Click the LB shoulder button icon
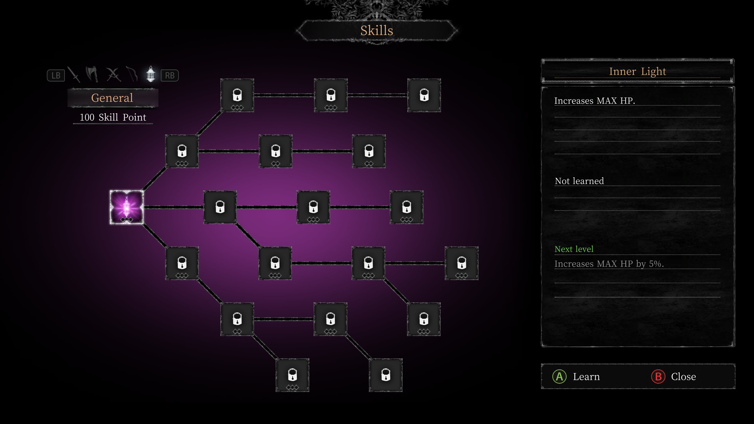point(56,75)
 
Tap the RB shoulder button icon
point(170,75)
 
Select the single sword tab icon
point(74,74)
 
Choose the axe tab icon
point(92,74)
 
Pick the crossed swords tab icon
point(113,74)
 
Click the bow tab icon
point(132,74)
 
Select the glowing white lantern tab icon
point(151,74)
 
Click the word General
point(112,98)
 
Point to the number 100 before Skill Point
point(87,117)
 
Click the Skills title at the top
point(377,31)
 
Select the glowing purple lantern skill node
point(127,207)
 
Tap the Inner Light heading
point(637,71)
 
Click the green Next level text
point(574,249)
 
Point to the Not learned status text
point(579,181)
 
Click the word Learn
point(586,377)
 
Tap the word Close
point(684,377)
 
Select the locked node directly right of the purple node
point(220,207)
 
